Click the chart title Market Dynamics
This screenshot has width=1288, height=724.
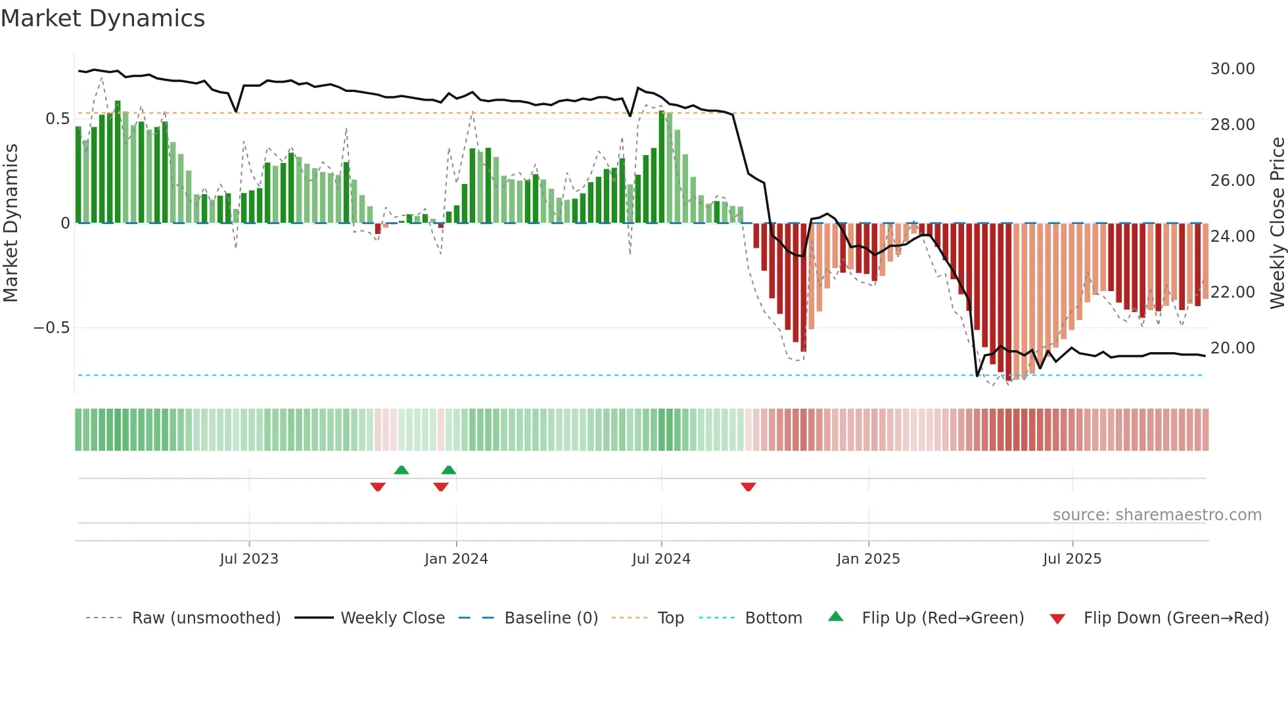pyautogui.click(x=103, y=18)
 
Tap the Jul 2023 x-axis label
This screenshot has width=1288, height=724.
pyautogui.click(x=249, y=559)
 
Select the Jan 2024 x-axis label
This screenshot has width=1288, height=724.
pyautogui.click(x=456, y=559)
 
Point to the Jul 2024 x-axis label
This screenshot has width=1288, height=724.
pyautogui.click(x=661, y=559)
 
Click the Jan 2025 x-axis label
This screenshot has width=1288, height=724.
pyautogui.click(x=868, y=559)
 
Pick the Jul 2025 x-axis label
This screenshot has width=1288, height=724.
pyautogui.click(x=1072, y=559)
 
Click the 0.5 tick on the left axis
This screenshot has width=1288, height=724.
pyautogui.click(x=57, y=119)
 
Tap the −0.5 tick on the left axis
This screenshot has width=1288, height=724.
pyautogui.click(x=51, y=328)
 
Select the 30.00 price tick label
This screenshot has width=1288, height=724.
pyautogui.click(x=1232, y=69)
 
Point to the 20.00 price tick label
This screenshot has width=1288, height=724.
pyautogui.click(x=1232, y=348)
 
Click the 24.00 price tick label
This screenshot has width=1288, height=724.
pyautogui.click(x=1232, y=237)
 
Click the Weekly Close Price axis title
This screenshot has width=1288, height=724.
pyautogui.click(x=1277, y=223)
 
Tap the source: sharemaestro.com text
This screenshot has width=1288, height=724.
pyautogui.click(x=1157, y=515)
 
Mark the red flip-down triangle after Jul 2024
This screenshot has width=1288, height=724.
pyautogui.click(x=748, y=487)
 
